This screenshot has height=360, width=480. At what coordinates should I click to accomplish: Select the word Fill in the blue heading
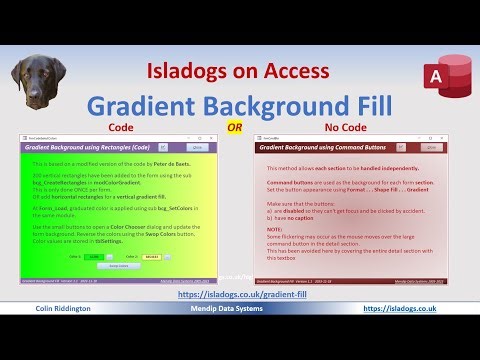coord(362,106)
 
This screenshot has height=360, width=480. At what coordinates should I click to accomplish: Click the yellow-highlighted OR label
coord(235,128)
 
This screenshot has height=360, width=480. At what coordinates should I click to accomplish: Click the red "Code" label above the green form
coord(120,128)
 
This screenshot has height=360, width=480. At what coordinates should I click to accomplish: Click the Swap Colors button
coord(119,266)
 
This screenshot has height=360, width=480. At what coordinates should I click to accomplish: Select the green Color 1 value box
coord(93,257)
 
